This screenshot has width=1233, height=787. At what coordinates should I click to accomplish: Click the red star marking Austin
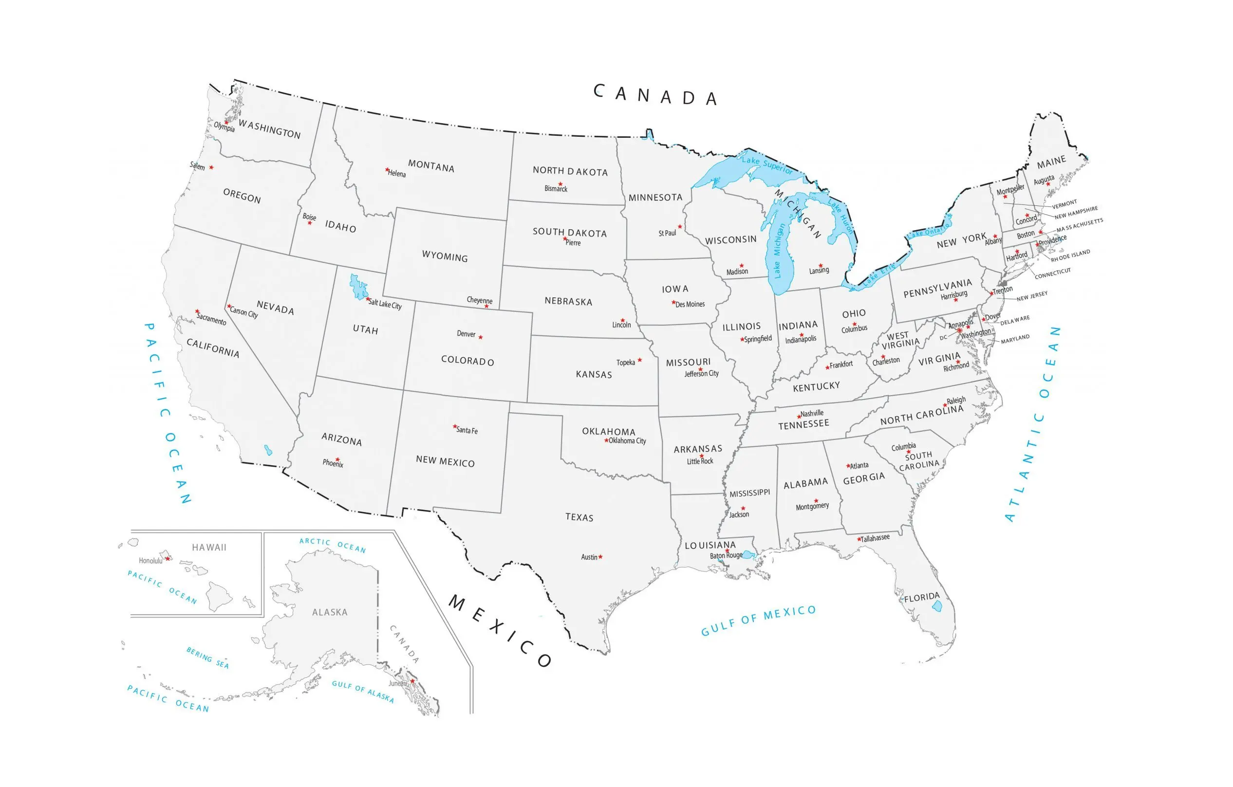(x=600, y=557)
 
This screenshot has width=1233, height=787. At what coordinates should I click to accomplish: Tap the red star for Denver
(x=480, y=337)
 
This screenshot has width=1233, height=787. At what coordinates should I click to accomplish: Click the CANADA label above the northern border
(x=655, y=95)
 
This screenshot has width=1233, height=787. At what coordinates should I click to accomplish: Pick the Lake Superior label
(x=766, y=165)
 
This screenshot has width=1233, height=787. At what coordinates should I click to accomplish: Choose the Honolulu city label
(x=150, y=561)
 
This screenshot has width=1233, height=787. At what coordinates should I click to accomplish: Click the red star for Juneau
(x=412, y=680)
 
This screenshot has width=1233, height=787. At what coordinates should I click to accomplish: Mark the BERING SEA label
(x=207, y=658)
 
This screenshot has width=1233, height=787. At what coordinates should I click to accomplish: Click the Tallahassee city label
(x=875, y=538)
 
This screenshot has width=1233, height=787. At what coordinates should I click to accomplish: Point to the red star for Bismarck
(x=560, y=183)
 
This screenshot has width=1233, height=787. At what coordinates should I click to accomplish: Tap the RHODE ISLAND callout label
(x=1071, y=256)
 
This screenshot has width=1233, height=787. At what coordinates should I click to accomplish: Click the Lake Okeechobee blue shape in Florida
(x=936, y=606)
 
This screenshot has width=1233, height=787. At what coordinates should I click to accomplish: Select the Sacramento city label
(x=211, y=319)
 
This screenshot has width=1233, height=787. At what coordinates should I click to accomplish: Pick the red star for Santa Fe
(x=455, y=426)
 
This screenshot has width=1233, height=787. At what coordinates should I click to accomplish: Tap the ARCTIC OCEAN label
(x=333, y=545)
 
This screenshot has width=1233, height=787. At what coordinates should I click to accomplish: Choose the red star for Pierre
(x=564, y=239)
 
